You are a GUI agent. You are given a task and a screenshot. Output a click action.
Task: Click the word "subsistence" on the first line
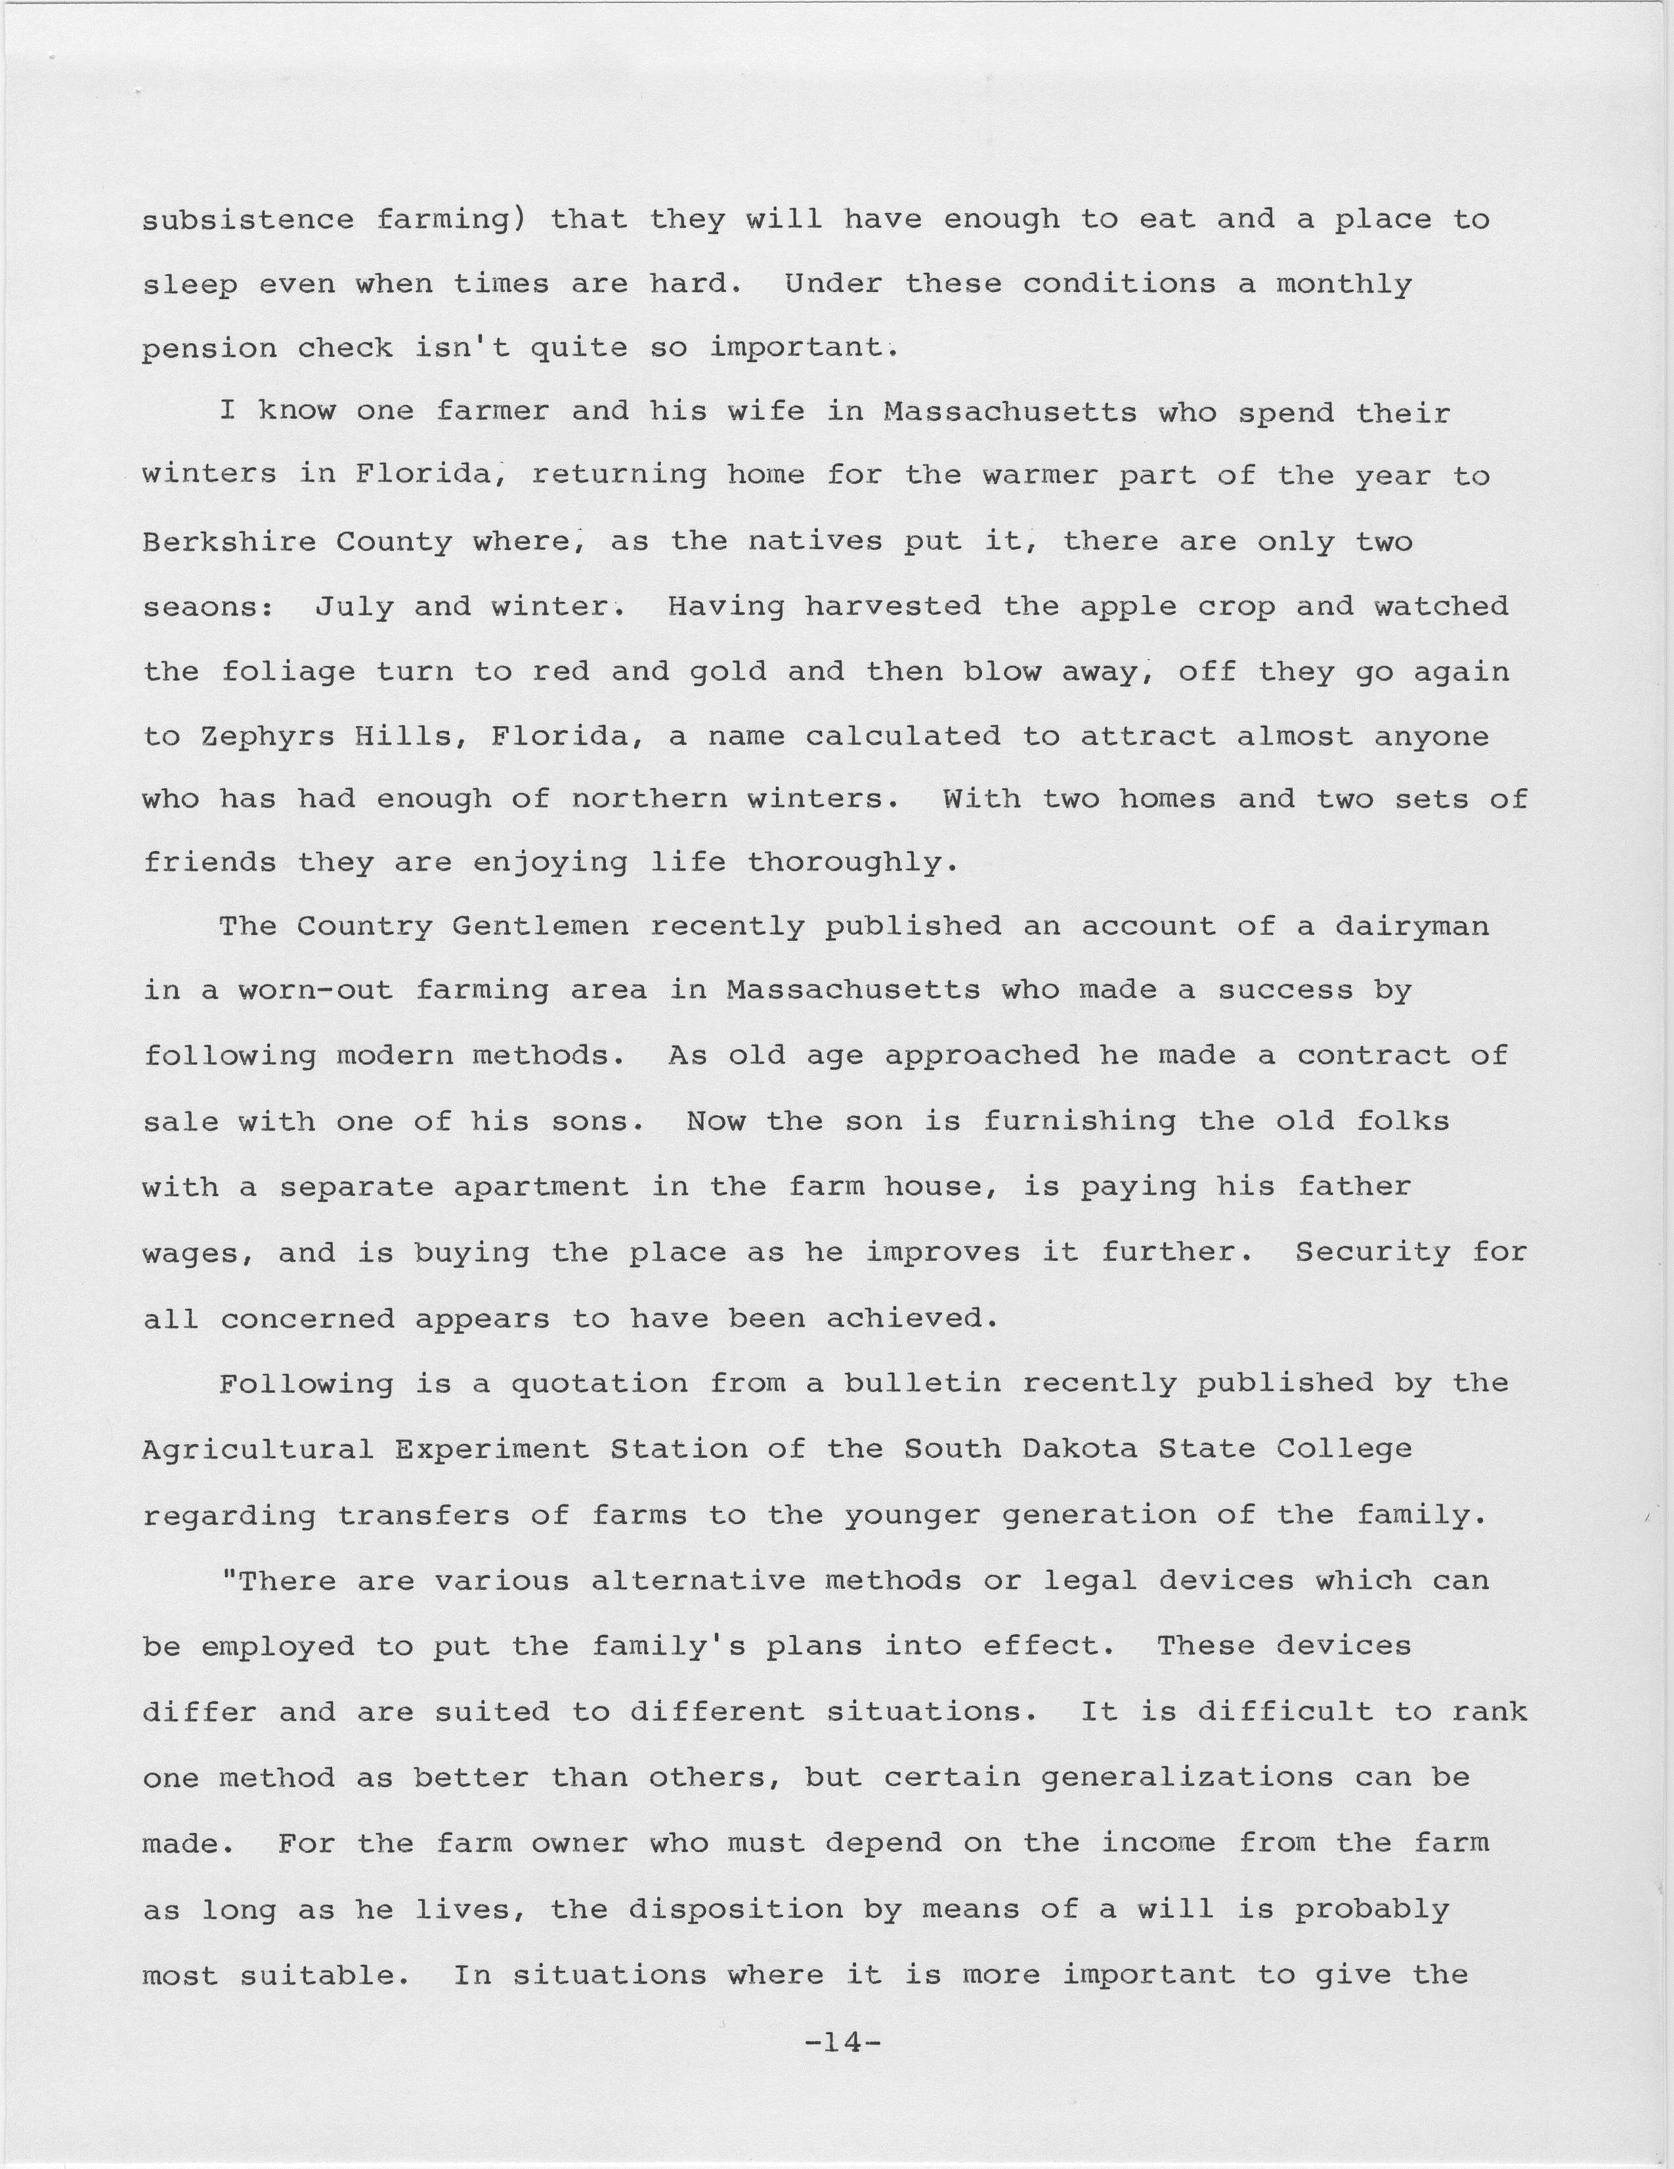tap(247, 220)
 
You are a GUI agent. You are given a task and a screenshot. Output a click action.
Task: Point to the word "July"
tap(354, 608)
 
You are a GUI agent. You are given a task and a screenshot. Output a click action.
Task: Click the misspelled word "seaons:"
tap(207, 608)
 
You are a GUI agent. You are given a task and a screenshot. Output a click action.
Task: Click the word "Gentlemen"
tap(540, 928)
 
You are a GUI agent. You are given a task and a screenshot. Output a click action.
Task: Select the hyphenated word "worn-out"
tap(315, 991)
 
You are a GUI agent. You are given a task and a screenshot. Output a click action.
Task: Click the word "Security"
tap(1372, 1252)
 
